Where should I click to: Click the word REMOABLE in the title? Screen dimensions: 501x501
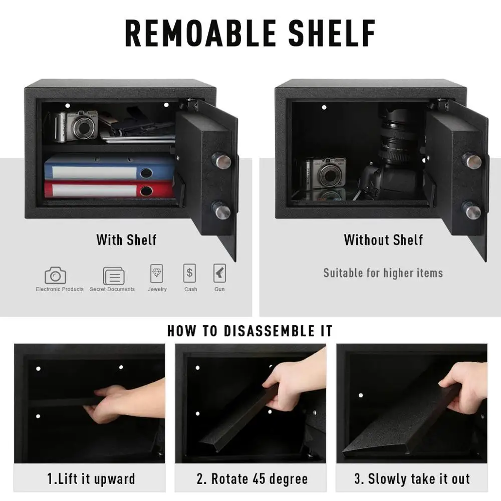point(200,34)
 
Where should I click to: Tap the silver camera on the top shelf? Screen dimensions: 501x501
point(76,126)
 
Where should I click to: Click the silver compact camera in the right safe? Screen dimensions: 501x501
point(326,173)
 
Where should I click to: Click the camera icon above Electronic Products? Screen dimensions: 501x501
point(55,275)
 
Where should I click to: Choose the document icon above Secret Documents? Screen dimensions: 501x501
point(114,276)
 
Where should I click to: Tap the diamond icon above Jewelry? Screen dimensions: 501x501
point(157,274)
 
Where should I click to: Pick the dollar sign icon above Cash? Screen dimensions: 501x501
point(190,274)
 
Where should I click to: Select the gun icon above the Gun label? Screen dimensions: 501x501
point(219,274)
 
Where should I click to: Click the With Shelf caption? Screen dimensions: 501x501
point(126,240)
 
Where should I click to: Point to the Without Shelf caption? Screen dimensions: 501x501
point(383,240)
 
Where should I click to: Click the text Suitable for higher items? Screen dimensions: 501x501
point(383,273)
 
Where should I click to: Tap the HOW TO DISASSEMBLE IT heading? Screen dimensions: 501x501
point(250,331)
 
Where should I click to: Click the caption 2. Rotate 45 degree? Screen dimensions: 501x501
point(252,478)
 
